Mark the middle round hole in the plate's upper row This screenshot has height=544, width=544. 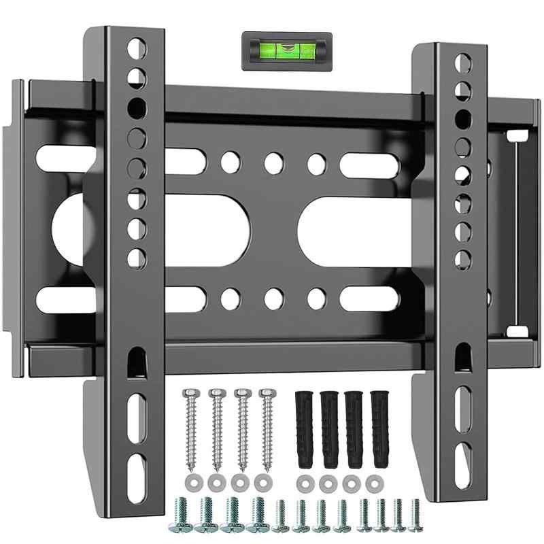273,162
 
